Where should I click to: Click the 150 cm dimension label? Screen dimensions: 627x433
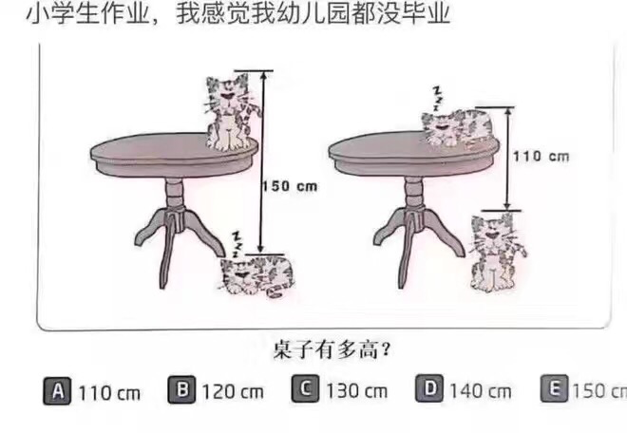pyautogui.click(x=290, y=186)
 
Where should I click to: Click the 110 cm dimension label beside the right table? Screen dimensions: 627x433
pyautogui.click(x=541, y=157)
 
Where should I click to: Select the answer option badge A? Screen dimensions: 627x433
pyautogui.click(x=57, y=391)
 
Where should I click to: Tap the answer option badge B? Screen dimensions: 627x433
pyautogui.click(x=182, y=389)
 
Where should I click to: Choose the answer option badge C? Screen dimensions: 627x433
pyautogui.click(x=306, y=388)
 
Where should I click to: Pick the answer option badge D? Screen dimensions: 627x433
pyautogui.click(x=429, y=387)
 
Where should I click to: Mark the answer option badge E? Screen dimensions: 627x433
pyautogui.click(x=554, y=387)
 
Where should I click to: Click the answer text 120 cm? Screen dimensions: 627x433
pyautogui.click(x=233, y=392)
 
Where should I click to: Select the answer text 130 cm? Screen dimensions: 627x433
pyautogui.click(x=356, y=391)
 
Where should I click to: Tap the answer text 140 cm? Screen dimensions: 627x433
pyautogui.click(x=481, y=391)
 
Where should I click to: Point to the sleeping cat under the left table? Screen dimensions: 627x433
pyautogui.click(x=257, y=276)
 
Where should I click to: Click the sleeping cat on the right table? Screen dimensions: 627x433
pyautogui.click(x=457, y=128)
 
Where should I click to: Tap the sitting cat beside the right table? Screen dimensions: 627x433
pyautogui.click(x=497, y=253)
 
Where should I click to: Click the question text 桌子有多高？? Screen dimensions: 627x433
pyautogui.click(x=332, y=350)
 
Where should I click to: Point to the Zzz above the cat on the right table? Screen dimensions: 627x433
pyautogui.click(x=439, y=99)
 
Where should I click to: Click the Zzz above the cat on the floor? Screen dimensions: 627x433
pyautogui.click(x=237, y=244)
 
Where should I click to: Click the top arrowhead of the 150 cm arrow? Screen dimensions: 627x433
pyautogui.click(x=263, y=76)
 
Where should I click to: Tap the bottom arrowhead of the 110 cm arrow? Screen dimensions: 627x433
pyautogui.click(x=507, y=205)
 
